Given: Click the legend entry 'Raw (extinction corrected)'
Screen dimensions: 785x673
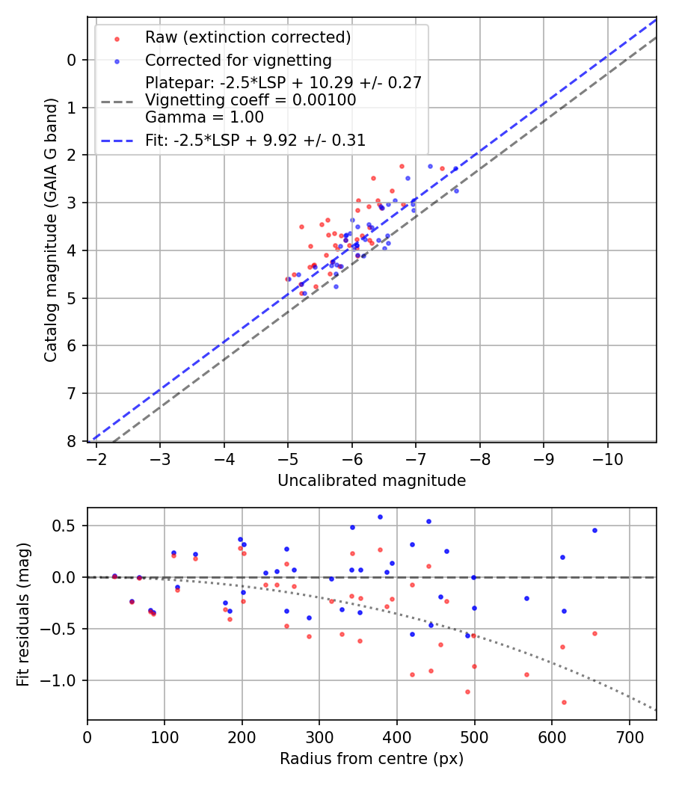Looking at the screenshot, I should tap(248, 37).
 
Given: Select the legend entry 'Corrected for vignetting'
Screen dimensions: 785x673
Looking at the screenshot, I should tap(238, 61).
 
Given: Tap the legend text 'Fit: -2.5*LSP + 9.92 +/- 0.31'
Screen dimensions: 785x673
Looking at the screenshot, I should tap(255, 141).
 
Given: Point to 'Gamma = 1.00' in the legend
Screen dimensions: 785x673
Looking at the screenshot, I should tap(204, 117).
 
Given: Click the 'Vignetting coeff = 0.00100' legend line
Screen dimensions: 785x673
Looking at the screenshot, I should tap(251, 100).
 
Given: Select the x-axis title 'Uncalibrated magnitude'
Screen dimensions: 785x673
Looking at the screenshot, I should tap(372, 481).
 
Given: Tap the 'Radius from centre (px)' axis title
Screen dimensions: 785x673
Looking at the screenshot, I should tap(372, 759).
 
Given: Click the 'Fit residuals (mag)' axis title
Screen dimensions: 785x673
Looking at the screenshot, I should tap(23, 614).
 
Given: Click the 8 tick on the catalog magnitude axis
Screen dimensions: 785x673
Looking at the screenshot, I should tap(72, 441).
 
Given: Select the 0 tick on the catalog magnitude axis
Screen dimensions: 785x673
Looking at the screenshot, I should tap(72, 60).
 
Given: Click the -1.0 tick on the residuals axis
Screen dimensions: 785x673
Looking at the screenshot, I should tap(63, 680).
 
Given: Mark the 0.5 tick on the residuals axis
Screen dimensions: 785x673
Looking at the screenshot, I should tap(67, 526).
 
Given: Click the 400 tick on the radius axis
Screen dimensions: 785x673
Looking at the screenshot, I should tap(397, 736).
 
